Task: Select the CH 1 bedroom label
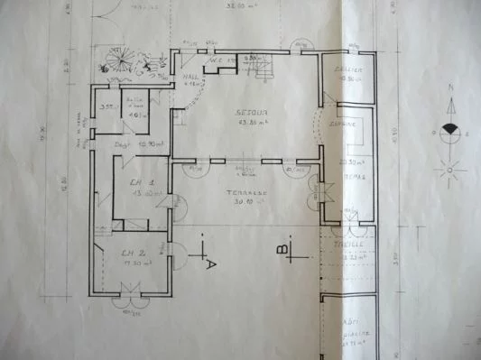click(138, 182)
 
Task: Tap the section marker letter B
click(282, 246)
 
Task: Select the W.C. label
click(217, 61)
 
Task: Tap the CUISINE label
click(341, 123)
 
